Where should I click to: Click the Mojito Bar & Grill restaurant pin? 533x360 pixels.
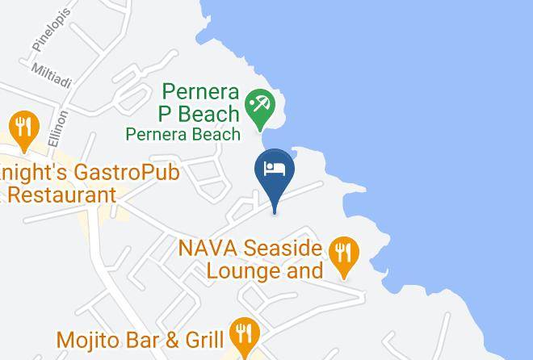click(x=241, y=333)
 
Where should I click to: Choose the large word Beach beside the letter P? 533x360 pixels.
click(x=211, y=114)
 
